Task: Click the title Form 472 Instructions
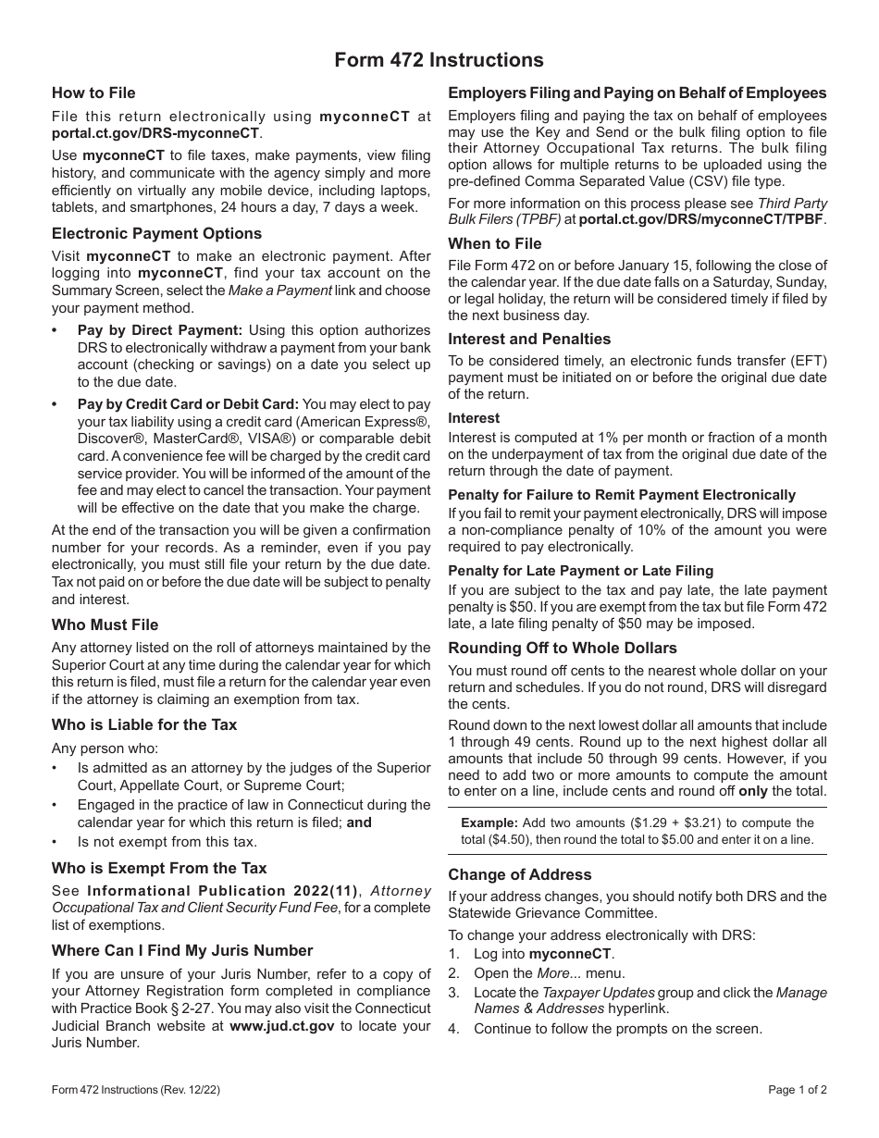pos(439,60)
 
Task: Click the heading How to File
pos(93,93)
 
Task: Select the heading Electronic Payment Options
pos(156,233)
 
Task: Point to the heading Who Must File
pos(105,625)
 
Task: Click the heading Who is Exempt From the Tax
pos(159,868)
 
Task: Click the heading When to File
pos(495,243)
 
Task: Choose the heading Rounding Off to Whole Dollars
pos(563,648)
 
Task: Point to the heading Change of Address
pos(520,874)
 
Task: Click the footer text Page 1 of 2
pos(798,1090)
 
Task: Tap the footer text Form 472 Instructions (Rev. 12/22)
pos(136,1090)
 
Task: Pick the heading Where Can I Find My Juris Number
pos(182,950)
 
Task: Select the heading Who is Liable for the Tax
pos(144,724)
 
